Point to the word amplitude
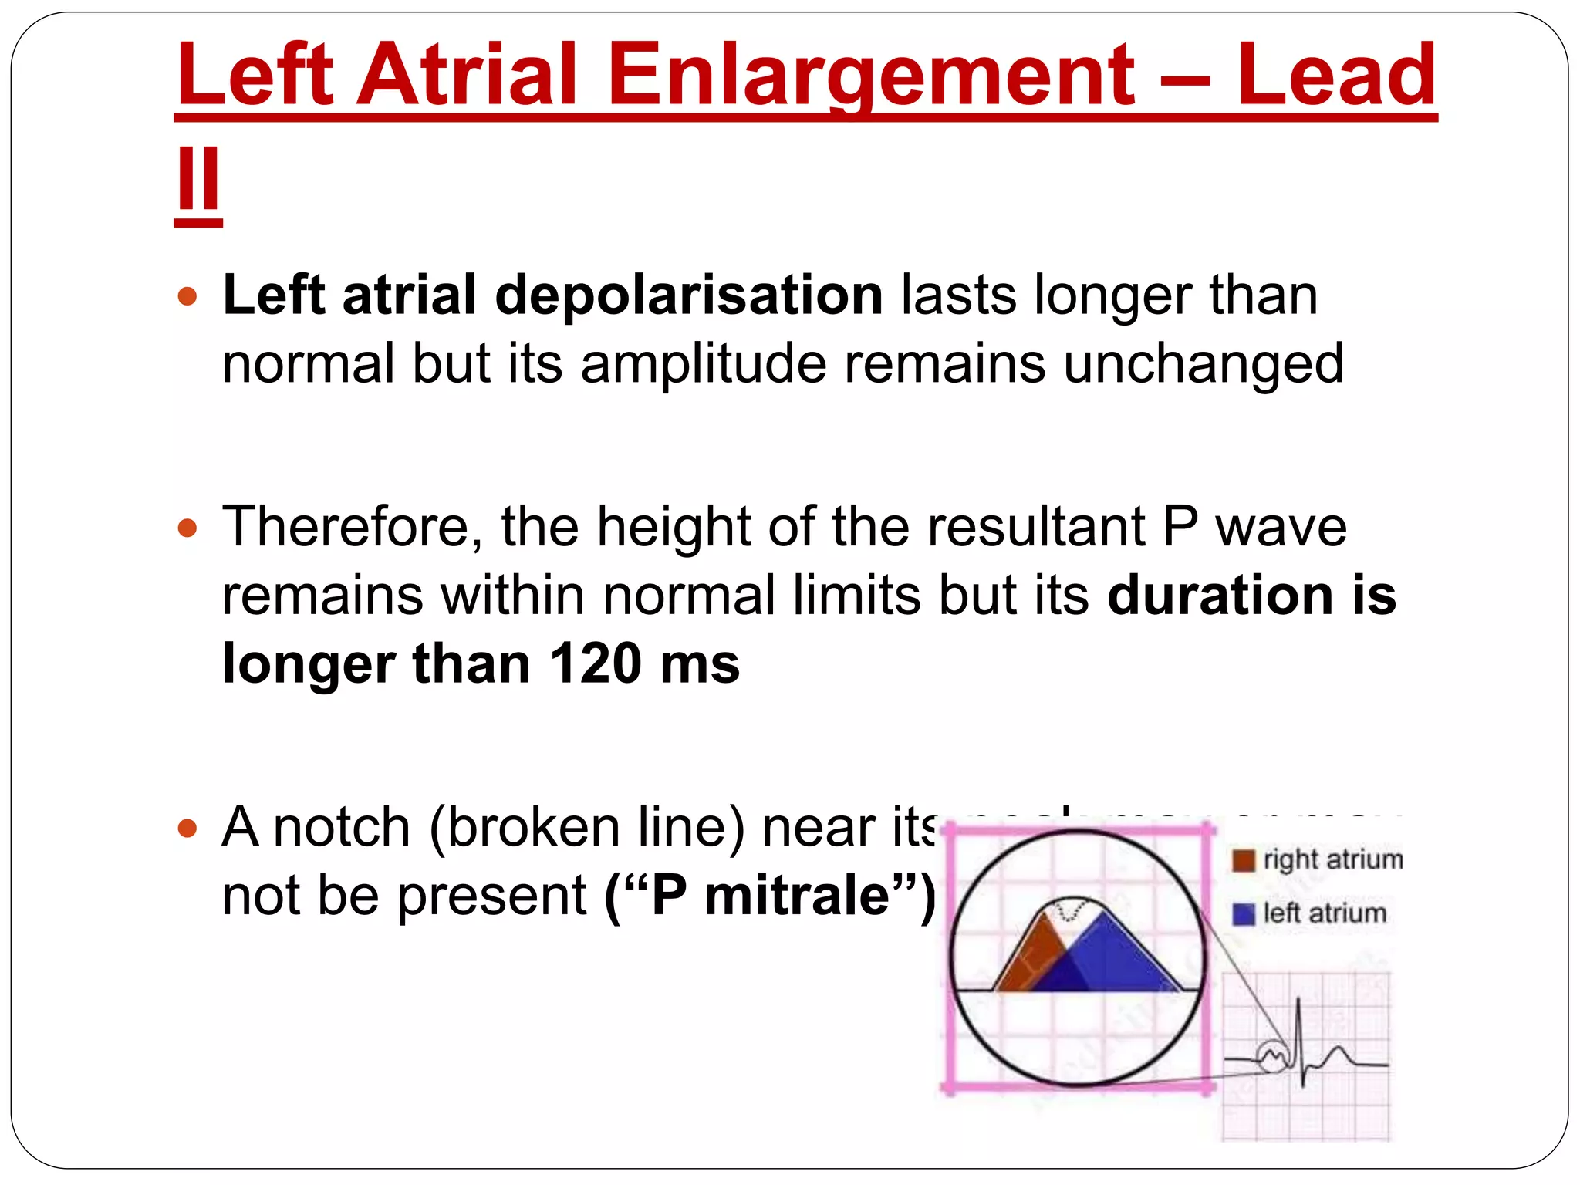click(703, 364)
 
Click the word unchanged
click(1204, 364)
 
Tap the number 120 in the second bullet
click(595, 664)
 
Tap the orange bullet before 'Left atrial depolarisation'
click(187, 296)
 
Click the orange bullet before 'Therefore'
click(187, 528)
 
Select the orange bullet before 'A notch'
click(187, 829)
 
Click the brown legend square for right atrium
click(1243, 860)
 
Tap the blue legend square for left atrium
click(1243, 914)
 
